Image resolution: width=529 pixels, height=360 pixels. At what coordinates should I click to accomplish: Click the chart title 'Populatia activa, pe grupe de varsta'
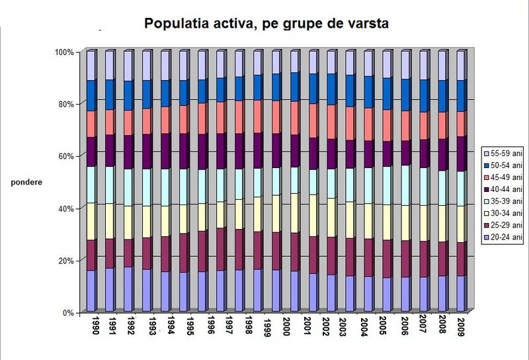coord(265,24)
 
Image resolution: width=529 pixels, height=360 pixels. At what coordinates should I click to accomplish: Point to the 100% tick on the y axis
coord(66,52)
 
